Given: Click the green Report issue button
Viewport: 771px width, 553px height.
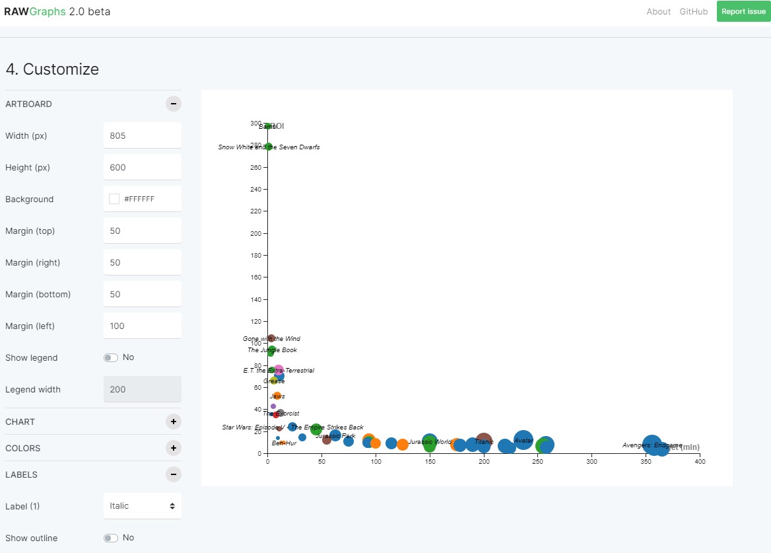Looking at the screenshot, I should pos(743,11).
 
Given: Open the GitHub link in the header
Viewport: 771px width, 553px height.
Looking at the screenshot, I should pos(693,11).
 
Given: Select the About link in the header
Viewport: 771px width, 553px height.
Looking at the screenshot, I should pos(658,11).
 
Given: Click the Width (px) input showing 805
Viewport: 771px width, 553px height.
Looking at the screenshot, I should pos(142,135).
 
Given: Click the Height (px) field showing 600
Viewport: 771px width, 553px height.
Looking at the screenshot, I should pos(142,167).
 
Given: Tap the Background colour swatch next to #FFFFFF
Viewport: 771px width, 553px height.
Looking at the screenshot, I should pos(114,199).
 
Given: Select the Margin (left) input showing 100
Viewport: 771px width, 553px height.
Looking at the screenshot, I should pos(142,326).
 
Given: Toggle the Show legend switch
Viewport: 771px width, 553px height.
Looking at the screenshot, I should pos(110,357).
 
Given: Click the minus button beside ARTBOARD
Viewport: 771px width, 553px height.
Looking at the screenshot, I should pos(173,104).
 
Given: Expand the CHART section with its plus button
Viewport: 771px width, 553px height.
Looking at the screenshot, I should pos(173,422).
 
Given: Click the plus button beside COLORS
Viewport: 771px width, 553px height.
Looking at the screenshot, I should pos(173,448).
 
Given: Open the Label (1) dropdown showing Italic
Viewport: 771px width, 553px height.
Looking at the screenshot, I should pos(142,506).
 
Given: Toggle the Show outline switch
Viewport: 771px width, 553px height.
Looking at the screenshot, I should pos(110,538).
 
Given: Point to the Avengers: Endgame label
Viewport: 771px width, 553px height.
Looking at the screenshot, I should pos(652,445).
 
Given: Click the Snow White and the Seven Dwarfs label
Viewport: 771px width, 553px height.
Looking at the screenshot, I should pos(269,147).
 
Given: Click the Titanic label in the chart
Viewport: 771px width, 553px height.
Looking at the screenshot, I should pos(484,442).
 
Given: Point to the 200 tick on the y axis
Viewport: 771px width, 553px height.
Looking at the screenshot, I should pos(255,233).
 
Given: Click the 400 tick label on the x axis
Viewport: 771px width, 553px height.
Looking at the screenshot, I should pos(700,462).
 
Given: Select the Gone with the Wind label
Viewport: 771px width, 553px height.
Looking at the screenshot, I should pos(271,339).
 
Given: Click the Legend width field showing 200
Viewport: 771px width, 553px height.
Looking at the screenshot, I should pos(142,389).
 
